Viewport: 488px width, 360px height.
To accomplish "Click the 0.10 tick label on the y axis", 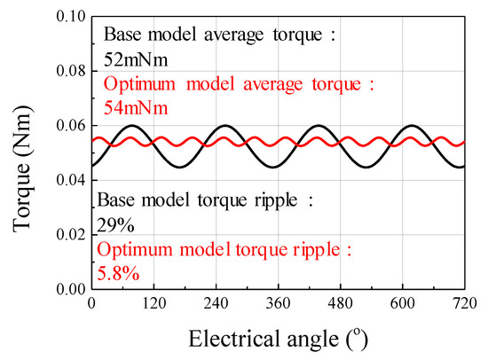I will (66, 16).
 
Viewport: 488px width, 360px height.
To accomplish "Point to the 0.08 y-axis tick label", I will (66, 71).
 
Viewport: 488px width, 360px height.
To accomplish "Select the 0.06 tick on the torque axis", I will (66, 126).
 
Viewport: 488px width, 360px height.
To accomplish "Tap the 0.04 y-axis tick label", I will (66, 180).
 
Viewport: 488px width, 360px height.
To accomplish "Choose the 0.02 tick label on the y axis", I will (66, 235).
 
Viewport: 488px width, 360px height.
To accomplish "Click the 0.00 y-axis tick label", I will (66, 289).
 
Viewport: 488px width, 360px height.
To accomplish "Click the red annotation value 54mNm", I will (136, 107).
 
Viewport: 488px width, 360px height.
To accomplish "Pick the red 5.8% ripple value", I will (118, 274).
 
